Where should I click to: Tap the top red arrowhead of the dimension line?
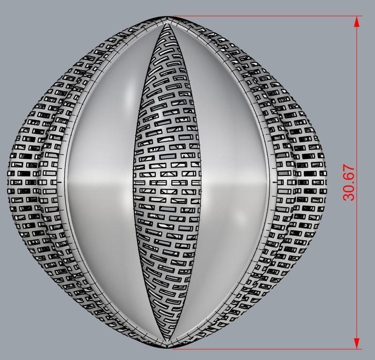(357, 21)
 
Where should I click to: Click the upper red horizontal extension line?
(263, 16)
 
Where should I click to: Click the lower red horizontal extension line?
(263, 348)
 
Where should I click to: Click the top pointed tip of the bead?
(168, 18)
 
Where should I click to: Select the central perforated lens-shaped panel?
(168, 183)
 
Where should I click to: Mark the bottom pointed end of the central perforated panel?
(168, 338)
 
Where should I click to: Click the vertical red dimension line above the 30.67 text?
(357, 94)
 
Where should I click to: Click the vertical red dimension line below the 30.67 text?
(357, 272)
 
